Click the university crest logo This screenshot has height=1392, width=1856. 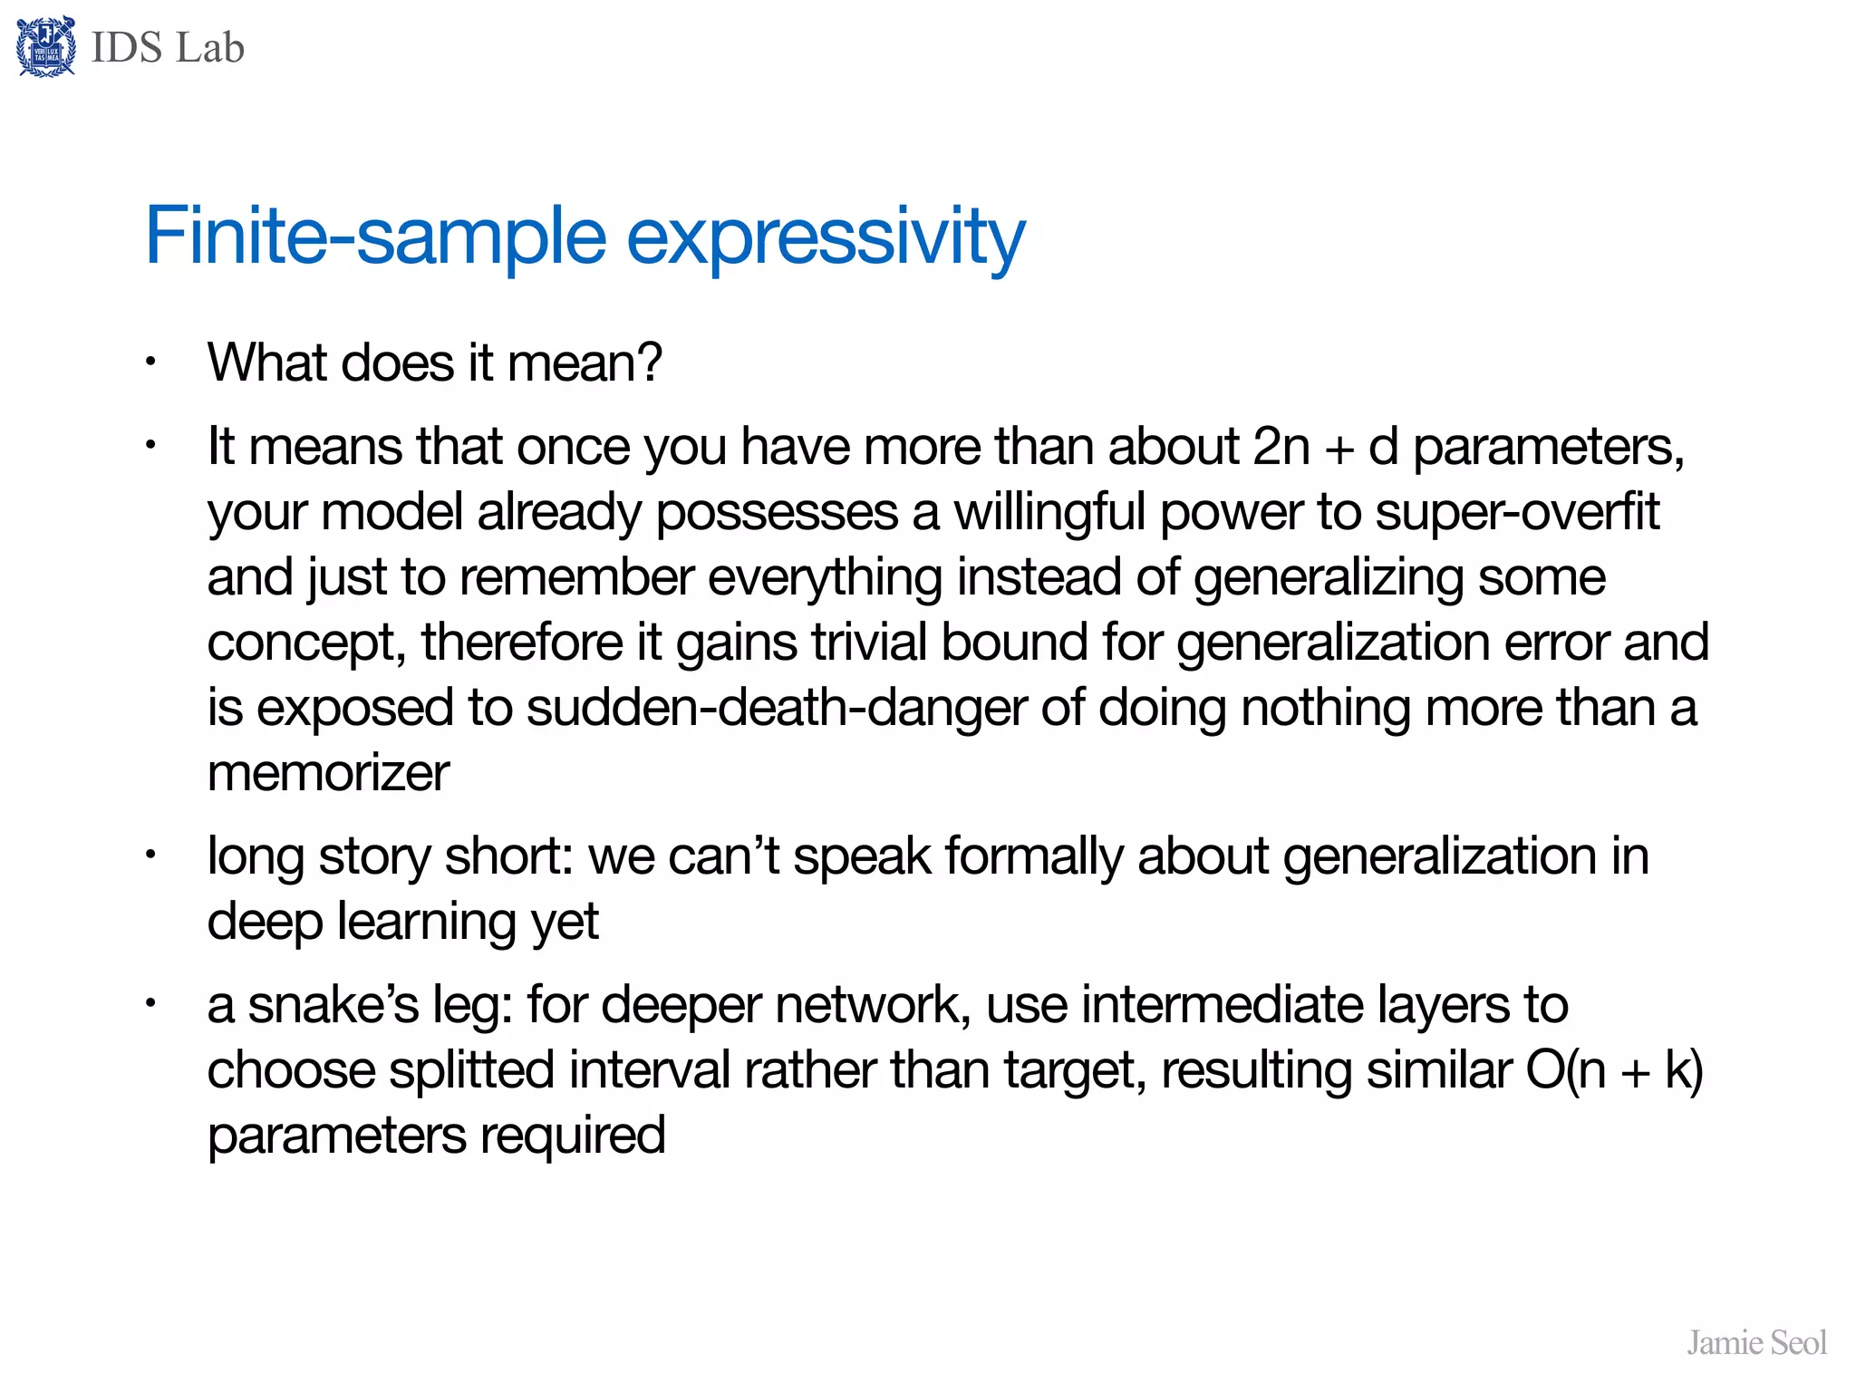45,47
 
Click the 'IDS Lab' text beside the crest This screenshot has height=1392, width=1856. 168,48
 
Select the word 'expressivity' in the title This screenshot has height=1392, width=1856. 826,237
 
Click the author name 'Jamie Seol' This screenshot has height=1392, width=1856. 1755,1342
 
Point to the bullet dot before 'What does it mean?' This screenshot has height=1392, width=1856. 151,362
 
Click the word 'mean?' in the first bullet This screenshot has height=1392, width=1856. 585,362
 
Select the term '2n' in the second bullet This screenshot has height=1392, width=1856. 1281,446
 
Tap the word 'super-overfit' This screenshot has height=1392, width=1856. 1517,512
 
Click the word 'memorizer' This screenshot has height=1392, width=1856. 328,773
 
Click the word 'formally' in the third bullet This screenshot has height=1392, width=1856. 1034,856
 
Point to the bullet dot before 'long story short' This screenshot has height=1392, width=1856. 151,855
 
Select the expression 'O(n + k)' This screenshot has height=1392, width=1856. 1614,1070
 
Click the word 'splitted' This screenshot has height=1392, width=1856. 471,1070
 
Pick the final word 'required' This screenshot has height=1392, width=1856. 573,1136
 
